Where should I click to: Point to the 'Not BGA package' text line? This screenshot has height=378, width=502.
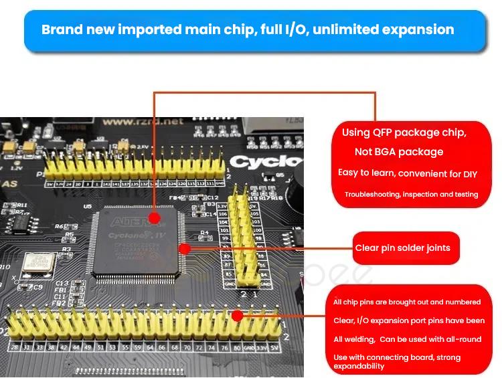[399, 152]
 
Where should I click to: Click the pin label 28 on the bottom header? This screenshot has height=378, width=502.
[14, 347]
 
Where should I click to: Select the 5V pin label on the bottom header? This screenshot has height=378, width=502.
[274, 347]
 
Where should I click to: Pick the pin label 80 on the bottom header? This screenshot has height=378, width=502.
[236, 347]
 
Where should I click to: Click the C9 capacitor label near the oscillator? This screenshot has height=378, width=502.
[37, 287]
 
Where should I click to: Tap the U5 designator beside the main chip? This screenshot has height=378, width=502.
[88, 207]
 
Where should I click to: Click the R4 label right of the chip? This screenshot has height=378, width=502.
[205, 233]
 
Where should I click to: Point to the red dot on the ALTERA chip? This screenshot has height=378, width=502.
[155, 218]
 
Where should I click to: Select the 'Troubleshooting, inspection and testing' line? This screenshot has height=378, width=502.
[411, 195]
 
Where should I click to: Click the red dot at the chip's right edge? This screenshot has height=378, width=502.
[185, 248]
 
